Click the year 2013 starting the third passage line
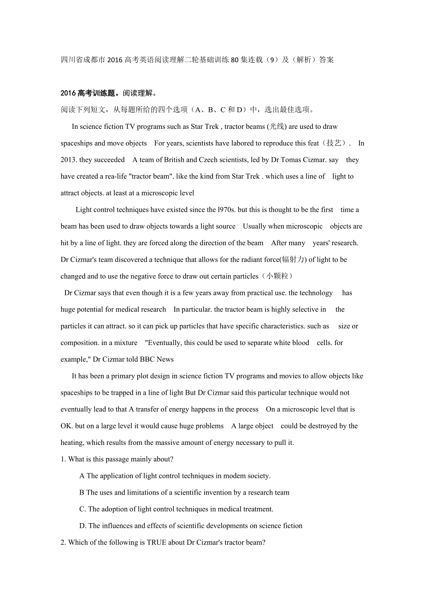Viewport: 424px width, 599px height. [x=69, y=160]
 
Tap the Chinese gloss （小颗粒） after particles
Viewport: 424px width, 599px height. [x=277, y=276]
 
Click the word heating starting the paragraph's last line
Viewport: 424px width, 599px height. [x=71, y=443]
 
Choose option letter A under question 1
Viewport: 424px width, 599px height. [x=82, y=476]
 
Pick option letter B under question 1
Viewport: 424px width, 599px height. [x=82, y=493]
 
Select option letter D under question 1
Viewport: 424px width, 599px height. [x=82, y=526]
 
